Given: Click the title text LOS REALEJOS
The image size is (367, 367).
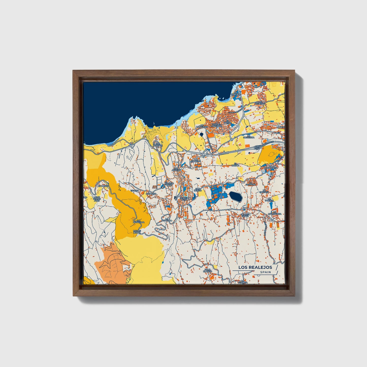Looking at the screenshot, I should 255,267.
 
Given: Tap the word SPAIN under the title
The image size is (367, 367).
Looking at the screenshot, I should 265,272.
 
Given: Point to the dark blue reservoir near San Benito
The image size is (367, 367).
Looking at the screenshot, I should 235,197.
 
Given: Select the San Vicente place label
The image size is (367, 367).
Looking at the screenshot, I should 158,144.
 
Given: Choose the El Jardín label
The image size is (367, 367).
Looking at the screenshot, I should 237,165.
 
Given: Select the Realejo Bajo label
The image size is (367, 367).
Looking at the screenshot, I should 169,184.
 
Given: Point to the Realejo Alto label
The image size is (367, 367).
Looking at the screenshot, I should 184,198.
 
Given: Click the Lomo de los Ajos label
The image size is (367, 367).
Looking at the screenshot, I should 97,199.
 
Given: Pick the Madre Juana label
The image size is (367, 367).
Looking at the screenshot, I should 137,232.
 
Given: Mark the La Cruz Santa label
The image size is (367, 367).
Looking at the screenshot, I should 245,215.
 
